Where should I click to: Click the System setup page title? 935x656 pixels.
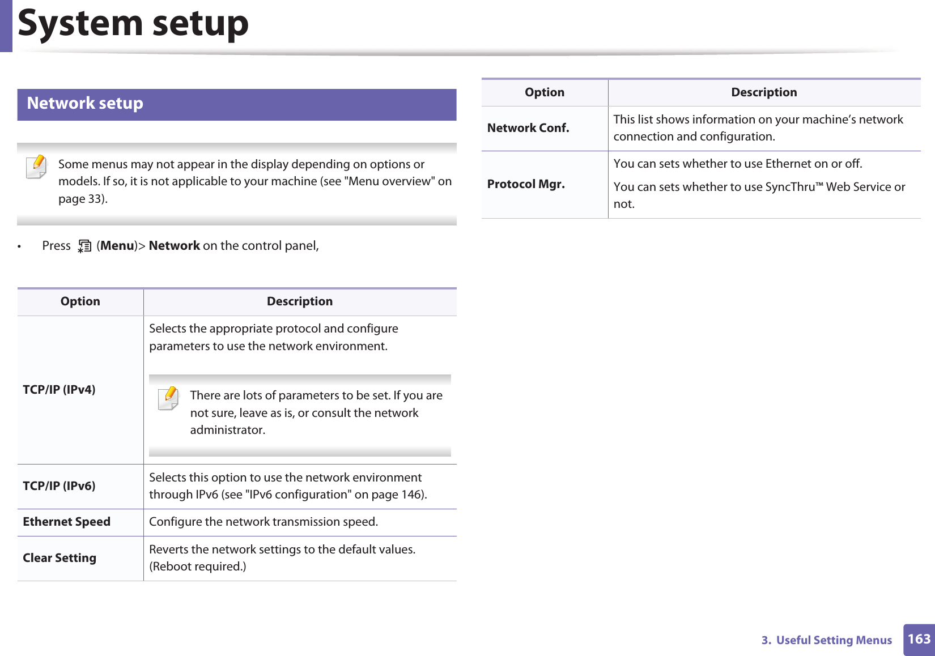coord(133,24)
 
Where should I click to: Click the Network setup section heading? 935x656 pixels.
coord(85,104)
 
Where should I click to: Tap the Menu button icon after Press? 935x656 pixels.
coord(84,246)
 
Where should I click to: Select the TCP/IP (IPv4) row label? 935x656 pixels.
coord(59,390)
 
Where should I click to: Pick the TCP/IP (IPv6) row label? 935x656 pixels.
coord(59,486)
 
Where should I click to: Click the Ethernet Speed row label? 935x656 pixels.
coord(66,522)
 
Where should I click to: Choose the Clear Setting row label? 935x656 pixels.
coord(59,558)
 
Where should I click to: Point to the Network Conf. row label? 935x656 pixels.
coord(528,128)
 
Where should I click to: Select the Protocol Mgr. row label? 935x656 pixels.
coord(526,184)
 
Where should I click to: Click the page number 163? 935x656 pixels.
coord(919,640)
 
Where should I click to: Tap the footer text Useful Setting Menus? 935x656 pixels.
coord(834,640)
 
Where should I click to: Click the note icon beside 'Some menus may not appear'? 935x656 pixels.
coord(37,167)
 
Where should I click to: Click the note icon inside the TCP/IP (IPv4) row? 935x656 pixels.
coord(168,398)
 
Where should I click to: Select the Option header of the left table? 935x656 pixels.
coord(80,301)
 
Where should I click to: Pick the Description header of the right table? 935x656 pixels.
coord(764,92)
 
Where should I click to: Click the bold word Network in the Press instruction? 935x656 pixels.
coord(174,246)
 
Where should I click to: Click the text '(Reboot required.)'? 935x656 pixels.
coord(198,566)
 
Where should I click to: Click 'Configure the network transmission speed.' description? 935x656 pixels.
coord(263,522)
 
